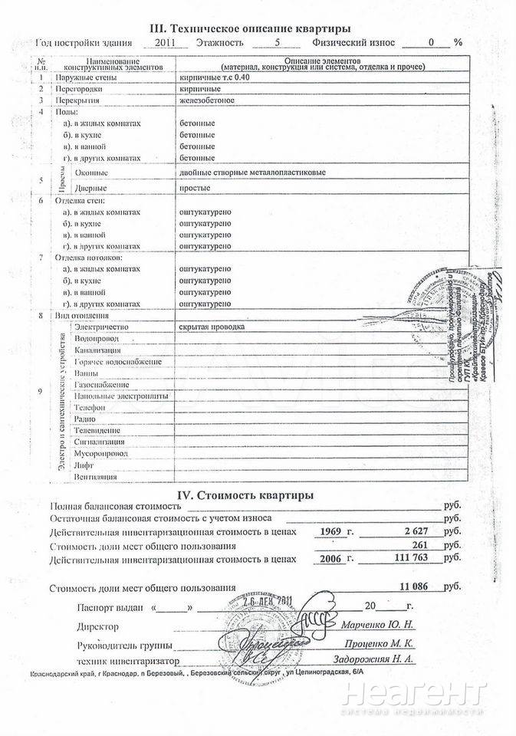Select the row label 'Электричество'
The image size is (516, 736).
click(x=100, y=327)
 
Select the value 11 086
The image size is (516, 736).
click(x=421, y=588)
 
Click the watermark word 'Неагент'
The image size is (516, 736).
click(x=415, y=696)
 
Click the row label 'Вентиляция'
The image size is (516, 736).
click(x=96, y=477)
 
